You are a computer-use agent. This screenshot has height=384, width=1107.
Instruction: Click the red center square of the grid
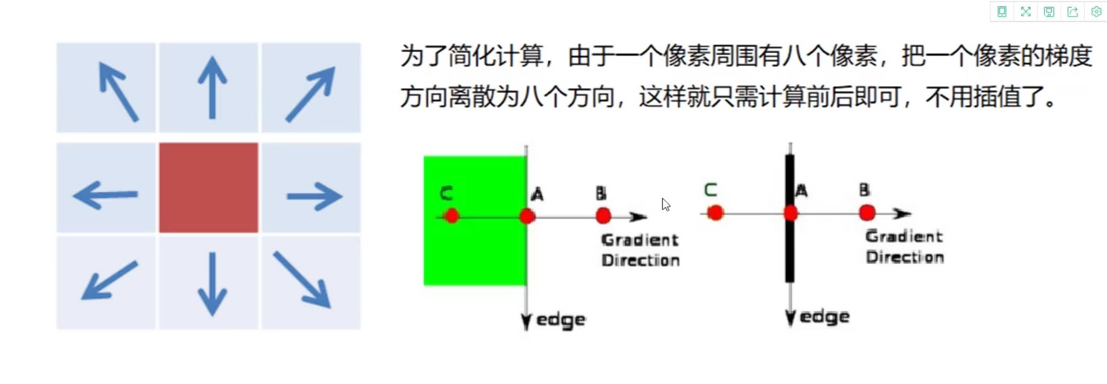coord(208,187)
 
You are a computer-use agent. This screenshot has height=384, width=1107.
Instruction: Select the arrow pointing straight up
coord(212,87)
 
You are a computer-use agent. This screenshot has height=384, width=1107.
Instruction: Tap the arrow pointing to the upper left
coord(118,91)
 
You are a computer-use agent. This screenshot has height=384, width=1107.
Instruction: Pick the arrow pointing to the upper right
coord(311,94)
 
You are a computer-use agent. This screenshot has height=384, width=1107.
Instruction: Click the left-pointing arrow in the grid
coord(105,195)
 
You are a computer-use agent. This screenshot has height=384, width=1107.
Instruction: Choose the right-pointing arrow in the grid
coord(314,197)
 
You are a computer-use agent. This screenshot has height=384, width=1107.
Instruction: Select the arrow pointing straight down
coord(212,284)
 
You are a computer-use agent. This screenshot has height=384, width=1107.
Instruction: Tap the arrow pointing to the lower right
coord(303,280)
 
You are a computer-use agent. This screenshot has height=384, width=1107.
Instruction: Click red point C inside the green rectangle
coord(452,216)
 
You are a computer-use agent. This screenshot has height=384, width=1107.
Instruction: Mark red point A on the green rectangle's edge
coord(527,216)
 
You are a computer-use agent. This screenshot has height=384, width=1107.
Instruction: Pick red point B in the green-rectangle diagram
coord(603,216)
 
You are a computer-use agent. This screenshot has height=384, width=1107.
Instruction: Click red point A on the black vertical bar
coord(791,214)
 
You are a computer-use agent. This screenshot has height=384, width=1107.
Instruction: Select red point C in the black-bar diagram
coord(715,213)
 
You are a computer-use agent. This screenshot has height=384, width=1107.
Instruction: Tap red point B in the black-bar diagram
coord(867,213)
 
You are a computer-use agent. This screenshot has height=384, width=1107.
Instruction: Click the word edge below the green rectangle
coord(560,320)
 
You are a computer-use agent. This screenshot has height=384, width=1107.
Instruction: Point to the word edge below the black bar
coord(824,317)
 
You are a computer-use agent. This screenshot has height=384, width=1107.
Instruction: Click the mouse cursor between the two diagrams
coord(665,205)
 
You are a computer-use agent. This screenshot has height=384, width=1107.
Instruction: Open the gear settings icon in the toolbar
coord(1096,12)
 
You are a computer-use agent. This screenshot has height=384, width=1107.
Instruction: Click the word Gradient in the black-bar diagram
coord(904,236)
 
